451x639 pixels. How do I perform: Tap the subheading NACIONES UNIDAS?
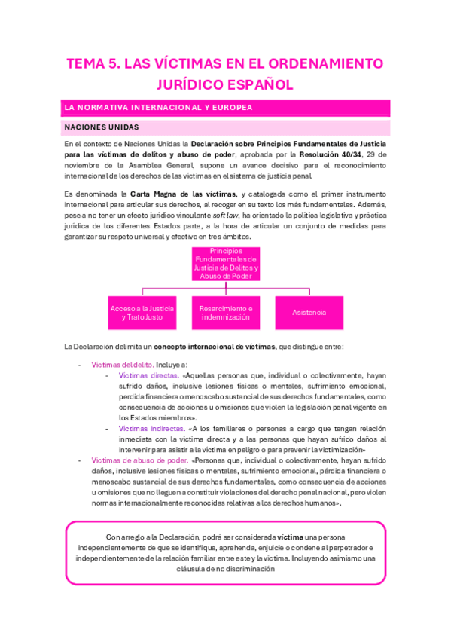(x=102, y=127)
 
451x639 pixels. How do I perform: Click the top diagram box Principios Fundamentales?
(x=224, y=263)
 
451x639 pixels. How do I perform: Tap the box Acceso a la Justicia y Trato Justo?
(x=142, y=313)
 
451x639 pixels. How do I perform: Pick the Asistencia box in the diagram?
(x=309, y=312)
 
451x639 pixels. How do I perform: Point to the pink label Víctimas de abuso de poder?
(x=139, y=460)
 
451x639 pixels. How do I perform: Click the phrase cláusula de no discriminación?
(x=225, y=570)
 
